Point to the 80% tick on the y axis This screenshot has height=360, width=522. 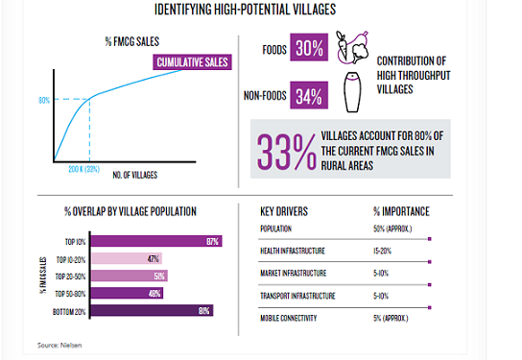[x=44, y=100]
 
